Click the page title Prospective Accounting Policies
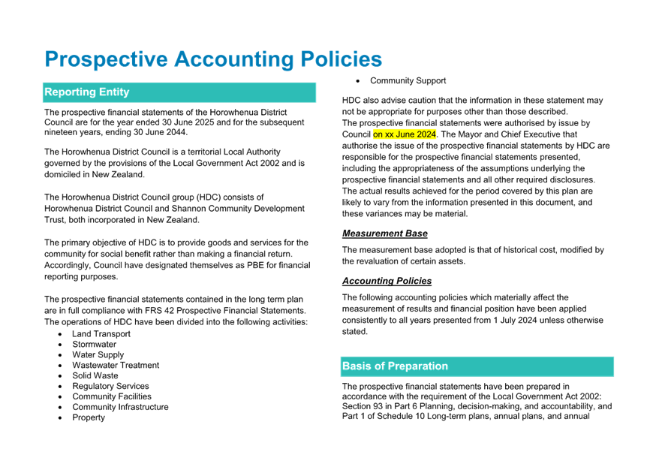tap(213, 59)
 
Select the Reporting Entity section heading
tap(87, 92)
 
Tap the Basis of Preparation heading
tap(395, 366)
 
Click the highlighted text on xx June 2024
tap(405, 134)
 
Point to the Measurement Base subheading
tap(385, 234)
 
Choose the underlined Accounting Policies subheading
tap(387, 281)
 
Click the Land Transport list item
tap(101, 334)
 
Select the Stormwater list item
tap(94, 345)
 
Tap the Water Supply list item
tap(98, 355)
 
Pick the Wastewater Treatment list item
tap(116, 365)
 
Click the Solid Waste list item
tap(95, 375)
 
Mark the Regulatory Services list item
tap(110, 386)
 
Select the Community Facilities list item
tap(112, 396)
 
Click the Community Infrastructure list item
tap(121, 407)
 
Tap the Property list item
tap(89, 417)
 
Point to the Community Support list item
tap(408, 81)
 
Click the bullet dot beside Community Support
tap(358, 81)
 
